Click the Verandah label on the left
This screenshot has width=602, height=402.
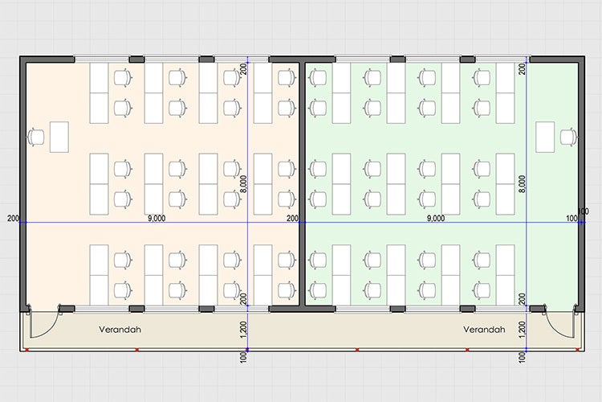(120, 330)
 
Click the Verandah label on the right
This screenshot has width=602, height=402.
(484, 330)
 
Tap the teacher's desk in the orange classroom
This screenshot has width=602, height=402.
(59, 137)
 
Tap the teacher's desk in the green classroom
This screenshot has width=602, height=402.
(545, 137)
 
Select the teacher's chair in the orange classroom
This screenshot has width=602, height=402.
(35, 137)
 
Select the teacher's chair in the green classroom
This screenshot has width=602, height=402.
(568, 137)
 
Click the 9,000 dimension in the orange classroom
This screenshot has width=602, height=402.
(157, 218)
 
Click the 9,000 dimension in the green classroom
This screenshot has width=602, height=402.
(436, 218)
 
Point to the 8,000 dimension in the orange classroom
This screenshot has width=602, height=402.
(244, 184)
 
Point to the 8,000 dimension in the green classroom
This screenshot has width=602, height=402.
(523, 184)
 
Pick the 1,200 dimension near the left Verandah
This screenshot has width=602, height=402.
(244, 330)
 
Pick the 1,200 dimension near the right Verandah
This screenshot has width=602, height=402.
(523, 330)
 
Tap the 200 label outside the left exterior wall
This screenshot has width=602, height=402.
(13, 219)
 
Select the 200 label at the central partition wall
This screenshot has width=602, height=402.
(292, 219)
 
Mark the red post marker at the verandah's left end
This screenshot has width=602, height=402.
(26, 350)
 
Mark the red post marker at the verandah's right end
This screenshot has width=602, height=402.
(577, 350)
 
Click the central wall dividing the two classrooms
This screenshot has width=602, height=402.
(302, 184)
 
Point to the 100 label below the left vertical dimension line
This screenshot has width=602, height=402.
(244, 358)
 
